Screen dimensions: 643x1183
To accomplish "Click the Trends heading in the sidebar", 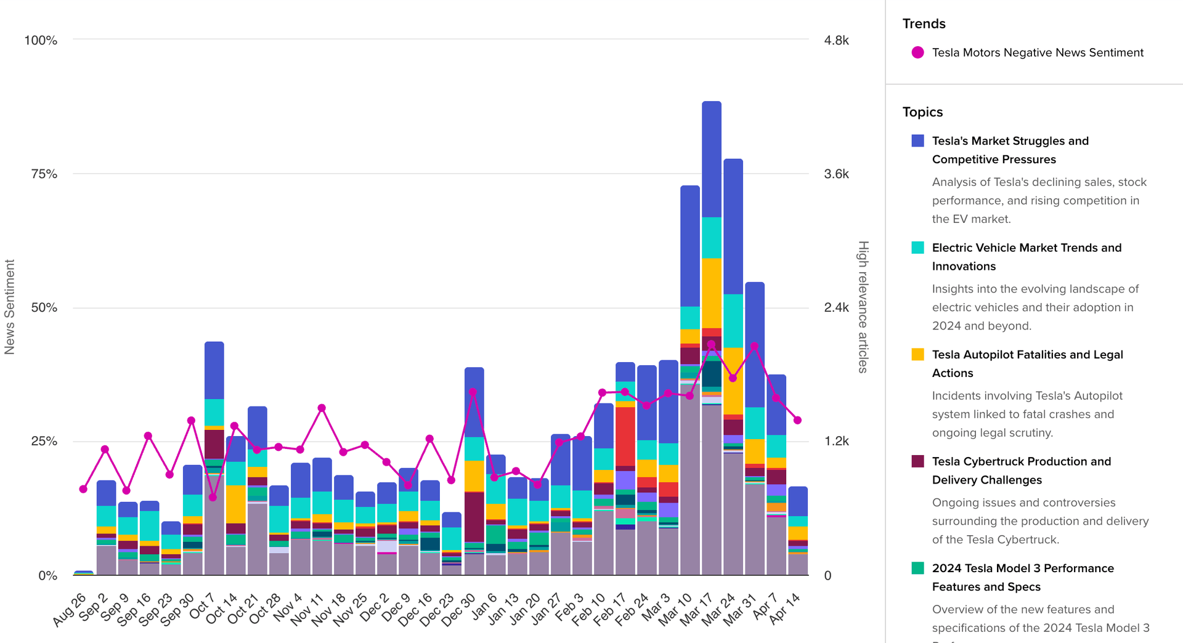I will click(x=924, y=24).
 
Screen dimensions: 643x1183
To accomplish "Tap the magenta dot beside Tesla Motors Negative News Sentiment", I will click(x=917, y=53).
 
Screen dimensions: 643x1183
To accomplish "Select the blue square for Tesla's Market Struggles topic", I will click(x=917, y=141).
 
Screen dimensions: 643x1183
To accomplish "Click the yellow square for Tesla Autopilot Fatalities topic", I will click(x=917, y=355).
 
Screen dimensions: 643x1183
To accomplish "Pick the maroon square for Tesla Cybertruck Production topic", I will click(x=917, y=461).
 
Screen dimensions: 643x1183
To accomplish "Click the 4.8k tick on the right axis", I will click(x=836, y=41).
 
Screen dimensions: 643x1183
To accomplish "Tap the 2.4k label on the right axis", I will click(x=836, y=307).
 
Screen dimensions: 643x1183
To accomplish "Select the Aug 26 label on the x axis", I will click(x=70, y=609).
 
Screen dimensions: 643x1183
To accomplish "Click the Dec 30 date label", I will click(x=460, y=609).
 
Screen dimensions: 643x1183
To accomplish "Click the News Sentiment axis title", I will click(x=9, y=307).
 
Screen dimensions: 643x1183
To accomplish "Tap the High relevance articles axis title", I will click(x=863, y=307).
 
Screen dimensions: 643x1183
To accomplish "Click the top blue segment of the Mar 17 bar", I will click(x=712, y=159).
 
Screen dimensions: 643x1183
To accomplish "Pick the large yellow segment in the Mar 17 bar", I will click(x=712, y=293).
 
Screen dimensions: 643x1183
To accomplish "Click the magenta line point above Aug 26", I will click(x=83, y=489).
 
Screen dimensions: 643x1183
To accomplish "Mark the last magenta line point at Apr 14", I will click(x=797, y=420).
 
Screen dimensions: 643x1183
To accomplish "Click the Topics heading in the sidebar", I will click(x=922, y=112).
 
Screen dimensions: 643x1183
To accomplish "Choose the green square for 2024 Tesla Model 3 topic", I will click(x=917, y=568).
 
